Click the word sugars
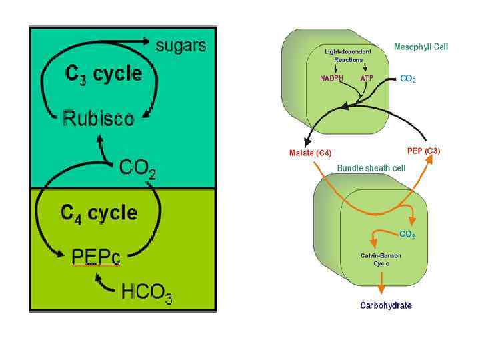coord(181,45)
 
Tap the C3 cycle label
coord(103,74)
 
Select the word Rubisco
coord(98,119)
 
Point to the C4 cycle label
coord(99,213)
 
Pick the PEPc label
coord(96,256)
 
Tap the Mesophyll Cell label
coord(421,47)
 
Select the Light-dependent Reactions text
coord(347,55)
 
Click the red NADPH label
coord(331,78)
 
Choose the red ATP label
coord(367,78)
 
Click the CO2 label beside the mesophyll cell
coord(408,79)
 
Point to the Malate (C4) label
coord(310,153)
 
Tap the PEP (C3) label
coord(423,151)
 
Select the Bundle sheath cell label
coord(371,169)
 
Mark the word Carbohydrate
coord(386,305)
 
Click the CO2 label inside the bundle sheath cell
coord(407,235)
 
